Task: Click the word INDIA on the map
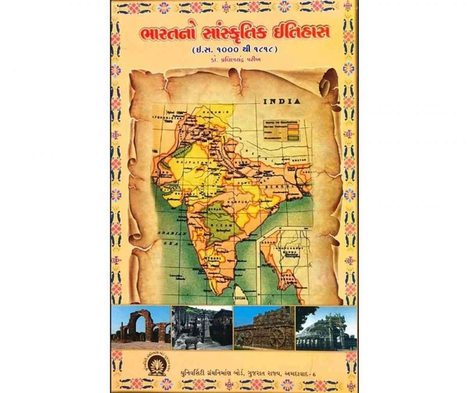click(281, 101)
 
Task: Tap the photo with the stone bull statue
click(202, 327)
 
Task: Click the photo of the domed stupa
click(326, 327)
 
